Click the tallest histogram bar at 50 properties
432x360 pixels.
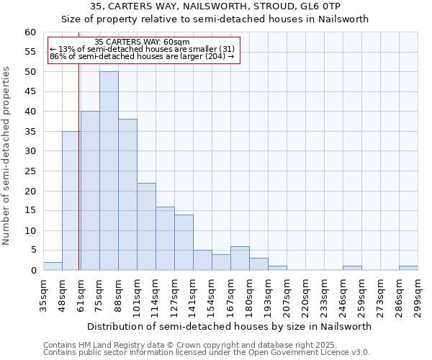(109, 171)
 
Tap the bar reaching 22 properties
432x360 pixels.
(146, 226)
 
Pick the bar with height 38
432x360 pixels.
(127, 194)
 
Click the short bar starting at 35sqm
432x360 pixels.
(53, 266)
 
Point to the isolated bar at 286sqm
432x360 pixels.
(408, 268)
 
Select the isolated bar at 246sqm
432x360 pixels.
(352, 268)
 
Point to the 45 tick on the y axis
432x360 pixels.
(31, 91)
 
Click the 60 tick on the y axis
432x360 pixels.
(31, 32)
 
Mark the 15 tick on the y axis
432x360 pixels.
(31, 211)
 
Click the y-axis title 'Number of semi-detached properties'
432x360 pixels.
(7, 156)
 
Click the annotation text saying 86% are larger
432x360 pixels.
(142, 56)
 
